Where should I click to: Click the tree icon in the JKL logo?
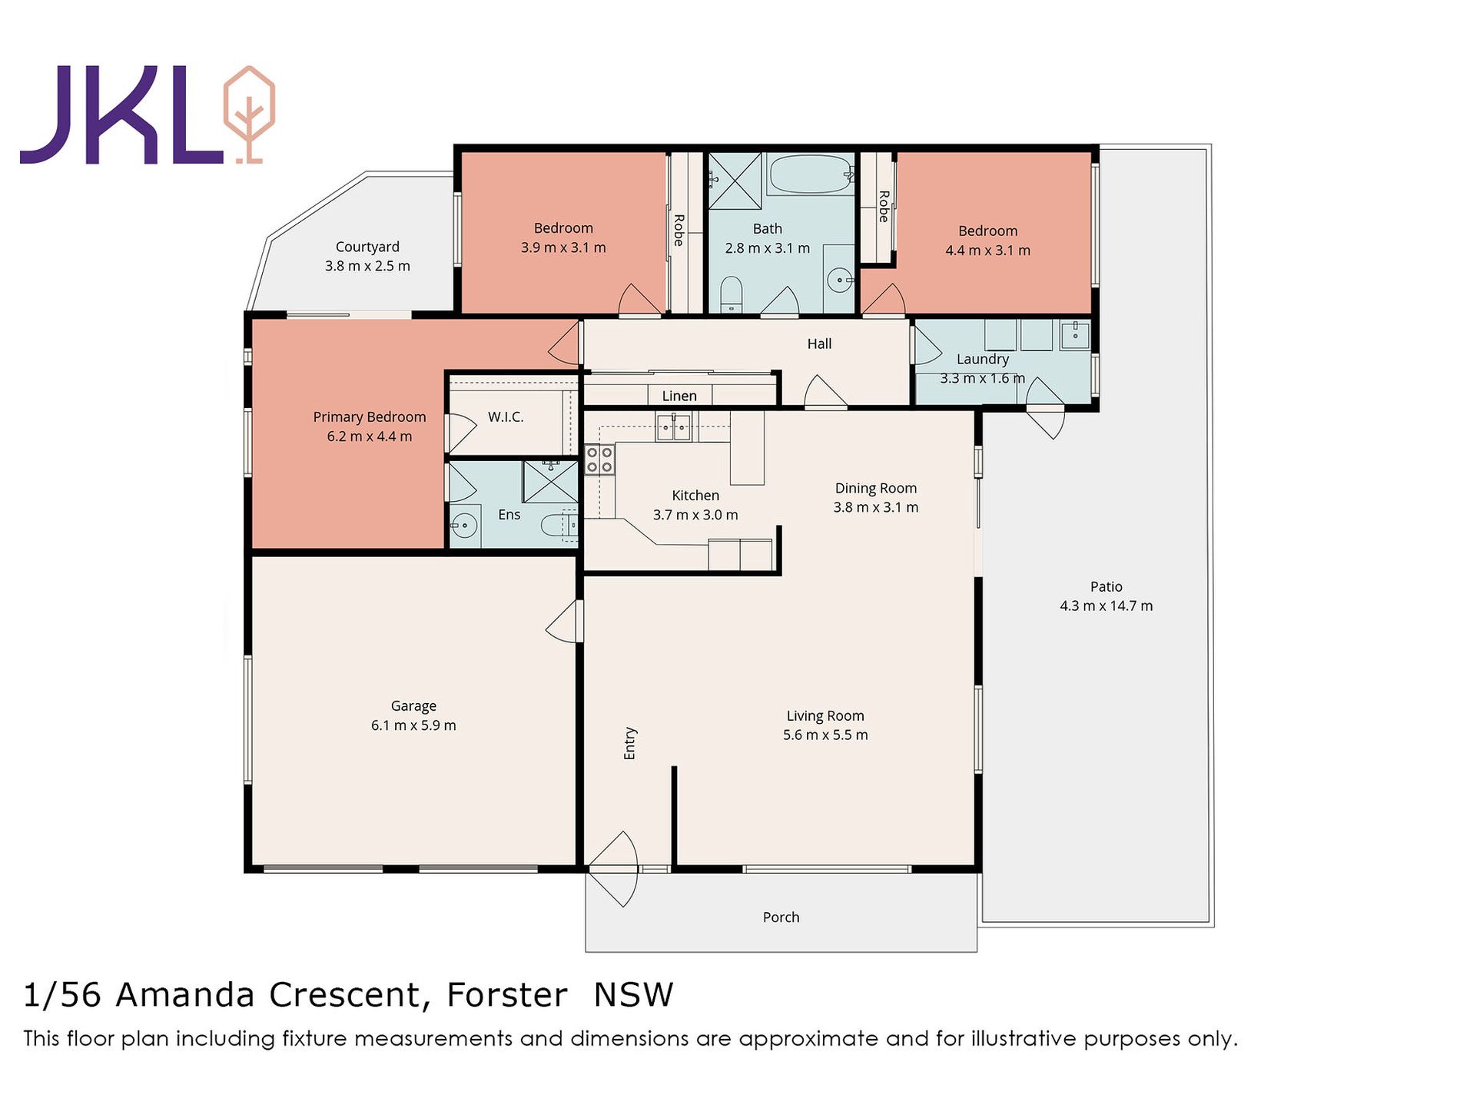click(x=248, y=115)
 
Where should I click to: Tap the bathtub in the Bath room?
click(x=811, y=174)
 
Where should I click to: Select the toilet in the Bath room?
click(x=732, y=294)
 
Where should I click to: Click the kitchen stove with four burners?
click(x=599, y=460)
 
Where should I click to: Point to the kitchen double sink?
click(x=673, y=426)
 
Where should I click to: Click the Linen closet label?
click(x=679, y=396)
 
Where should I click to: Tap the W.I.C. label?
click(x=506, y=416)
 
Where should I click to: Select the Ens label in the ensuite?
click(x=509, y=515)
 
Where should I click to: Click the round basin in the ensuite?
click(x=463, y=526)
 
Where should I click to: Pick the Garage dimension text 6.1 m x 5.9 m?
click(x=413, y=725)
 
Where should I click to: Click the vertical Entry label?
click(x=630, y=744)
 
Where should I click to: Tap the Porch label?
click(x=781, y=917)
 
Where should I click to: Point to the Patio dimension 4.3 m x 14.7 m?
click(x=1106, y=606)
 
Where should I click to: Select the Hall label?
click(x=819, y=343)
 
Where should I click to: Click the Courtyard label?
click(x=367, y=247)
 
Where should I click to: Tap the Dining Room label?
click(x=876, y=488)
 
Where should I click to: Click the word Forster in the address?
click(x=507, y=995)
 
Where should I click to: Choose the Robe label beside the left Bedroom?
click(x=679, y=230)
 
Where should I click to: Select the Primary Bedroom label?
click(x=370, y=417)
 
